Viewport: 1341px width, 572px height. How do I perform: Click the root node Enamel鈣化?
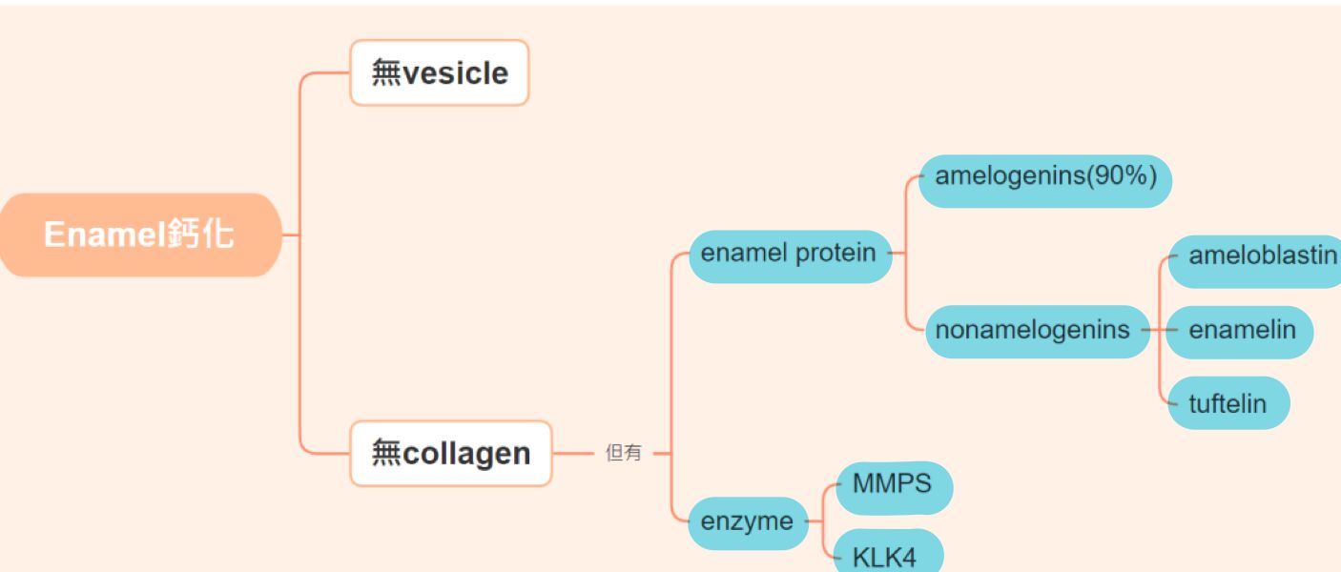click(139, 235)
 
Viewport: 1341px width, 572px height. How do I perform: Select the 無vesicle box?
click(439, 72)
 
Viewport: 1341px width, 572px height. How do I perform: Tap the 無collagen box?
click(450, 453)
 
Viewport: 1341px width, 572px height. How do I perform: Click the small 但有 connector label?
click(624, 454)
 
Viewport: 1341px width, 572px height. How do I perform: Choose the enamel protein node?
click(789, 254)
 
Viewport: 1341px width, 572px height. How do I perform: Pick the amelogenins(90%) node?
click(1044, 176)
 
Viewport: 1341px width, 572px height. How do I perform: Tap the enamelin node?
click(1241, 331)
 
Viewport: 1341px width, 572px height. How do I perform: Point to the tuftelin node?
click(1228, 403)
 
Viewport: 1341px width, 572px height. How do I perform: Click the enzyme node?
click(747, 522)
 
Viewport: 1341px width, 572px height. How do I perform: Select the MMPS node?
click(892, 483)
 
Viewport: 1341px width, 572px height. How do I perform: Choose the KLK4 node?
click(886, 557)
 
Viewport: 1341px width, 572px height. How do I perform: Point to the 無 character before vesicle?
click(386, 73)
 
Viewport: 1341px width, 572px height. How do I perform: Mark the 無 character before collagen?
click(386, 454)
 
